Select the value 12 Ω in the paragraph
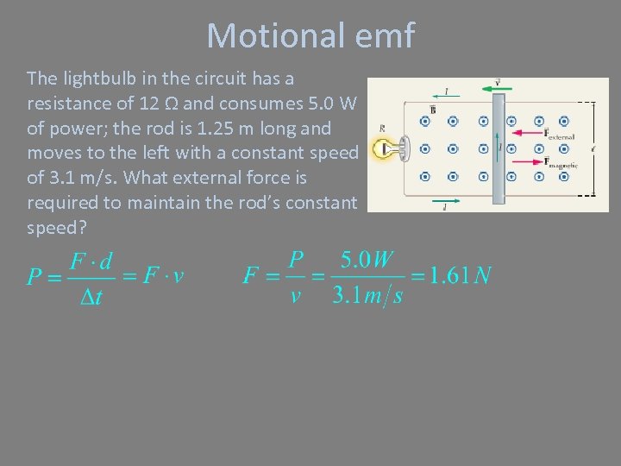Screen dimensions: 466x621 coord(160,104)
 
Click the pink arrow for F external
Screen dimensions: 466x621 coord(527,132)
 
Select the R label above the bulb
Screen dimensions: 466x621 coord(382,128)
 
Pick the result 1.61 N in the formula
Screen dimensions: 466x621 coord(460,275)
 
